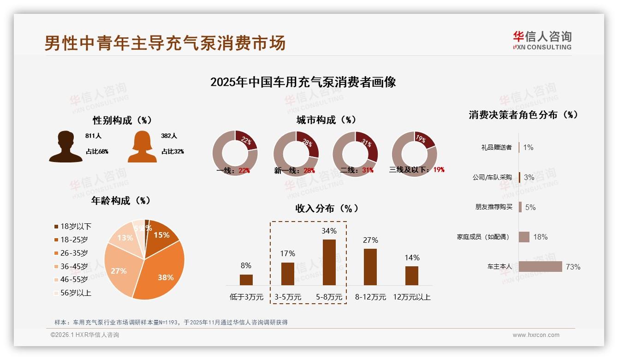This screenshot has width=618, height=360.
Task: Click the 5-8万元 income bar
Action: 329,262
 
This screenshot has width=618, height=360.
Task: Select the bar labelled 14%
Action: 411,276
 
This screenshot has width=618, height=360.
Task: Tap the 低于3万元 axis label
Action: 246,297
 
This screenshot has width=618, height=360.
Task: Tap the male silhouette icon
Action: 65,147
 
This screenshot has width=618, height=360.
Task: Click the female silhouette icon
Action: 142,147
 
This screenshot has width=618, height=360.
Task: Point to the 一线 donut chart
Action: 235,153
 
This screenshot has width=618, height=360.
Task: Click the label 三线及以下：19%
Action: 416,170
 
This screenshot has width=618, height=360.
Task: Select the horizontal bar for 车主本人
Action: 540,266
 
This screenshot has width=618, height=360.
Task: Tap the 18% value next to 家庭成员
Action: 540,237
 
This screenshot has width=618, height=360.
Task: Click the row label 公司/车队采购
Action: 492,177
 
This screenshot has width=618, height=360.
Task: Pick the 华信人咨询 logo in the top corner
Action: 542,40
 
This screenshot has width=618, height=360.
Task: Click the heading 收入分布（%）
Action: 327,208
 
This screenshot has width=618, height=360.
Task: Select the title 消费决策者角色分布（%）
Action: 523,115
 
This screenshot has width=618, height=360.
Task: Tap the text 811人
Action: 93,136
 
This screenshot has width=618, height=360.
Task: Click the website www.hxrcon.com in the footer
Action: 535,335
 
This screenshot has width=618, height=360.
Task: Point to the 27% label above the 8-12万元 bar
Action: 370,240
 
